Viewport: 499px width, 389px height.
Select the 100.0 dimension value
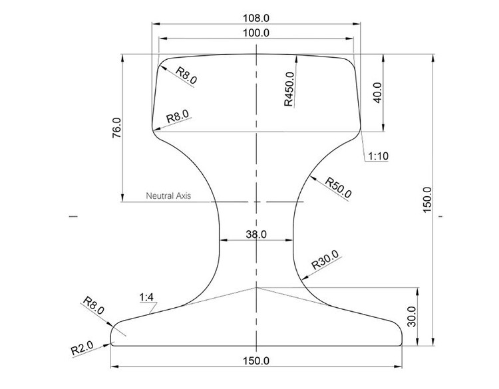[257, 33]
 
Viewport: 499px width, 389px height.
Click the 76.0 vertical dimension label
[117, 128]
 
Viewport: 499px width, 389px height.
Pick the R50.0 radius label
[339, 187]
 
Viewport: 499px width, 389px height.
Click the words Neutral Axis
[168, 196]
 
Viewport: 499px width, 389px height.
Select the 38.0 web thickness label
[257, 234]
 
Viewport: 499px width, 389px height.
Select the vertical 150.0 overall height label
[427, 198]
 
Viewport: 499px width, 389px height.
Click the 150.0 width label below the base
[257, 361]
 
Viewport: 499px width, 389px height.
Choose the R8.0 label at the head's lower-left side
[178, 116]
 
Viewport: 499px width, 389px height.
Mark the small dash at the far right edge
[441, 216]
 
